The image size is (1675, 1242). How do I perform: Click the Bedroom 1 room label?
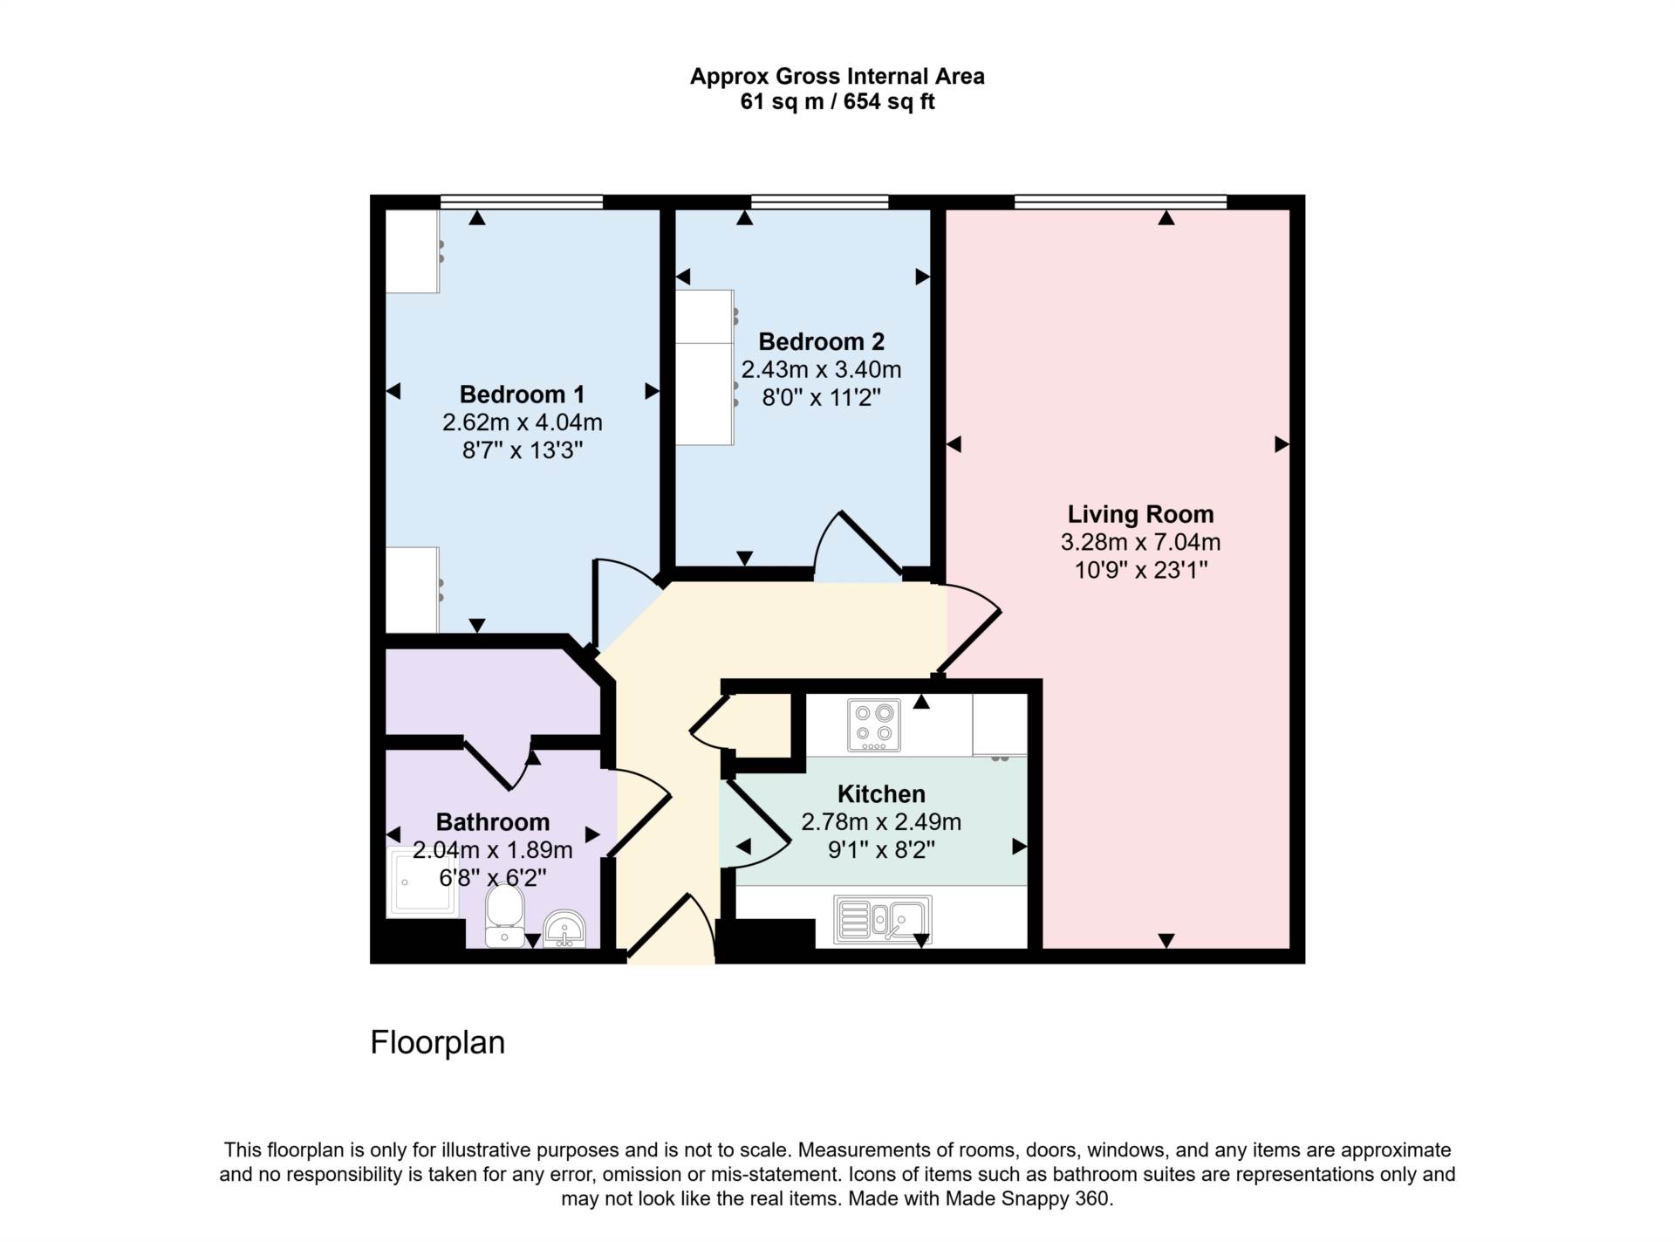point(522,395)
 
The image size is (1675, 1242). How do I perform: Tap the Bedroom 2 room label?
point(821,341)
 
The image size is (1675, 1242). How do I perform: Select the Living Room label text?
point(1140,514)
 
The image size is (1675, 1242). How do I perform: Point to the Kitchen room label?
point(881,793)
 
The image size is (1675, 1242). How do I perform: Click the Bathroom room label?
point(493,822)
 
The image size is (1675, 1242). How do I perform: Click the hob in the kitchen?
point(874,725)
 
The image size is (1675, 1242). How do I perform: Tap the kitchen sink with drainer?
point(883,919)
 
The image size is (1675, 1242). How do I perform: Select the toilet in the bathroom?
point(504,916)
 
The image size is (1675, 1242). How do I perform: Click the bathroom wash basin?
point(564,929)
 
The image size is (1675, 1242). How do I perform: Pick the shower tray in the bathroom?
point(421,882)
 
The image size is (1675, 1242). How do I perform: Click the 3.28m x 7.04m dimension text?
point(1140,542)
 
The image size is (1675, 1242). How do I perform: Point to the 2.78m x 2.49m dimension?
point(881,821)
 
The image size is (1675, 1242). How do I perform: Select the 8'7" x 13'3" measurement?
point(522,450)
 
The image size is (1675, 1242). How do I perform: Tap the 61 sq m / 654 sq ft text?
point(837,102)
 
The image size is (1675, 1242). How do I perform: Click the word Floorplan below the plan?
point(438,1042)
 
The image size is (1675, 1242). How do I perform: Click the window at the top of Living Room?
point(1120,202)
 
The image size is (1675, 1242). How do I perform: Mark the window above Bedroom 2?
point(819,202)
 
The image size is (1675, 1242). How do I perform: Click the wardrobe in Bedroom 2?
point(705,367)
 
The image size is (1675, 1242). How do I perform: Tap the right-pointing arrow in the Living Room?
point(1282,444)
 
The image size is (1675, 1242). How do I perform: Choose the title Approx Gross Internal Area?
point(837,77)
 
